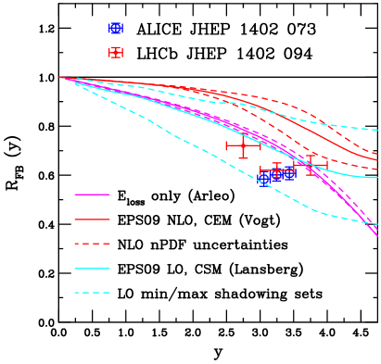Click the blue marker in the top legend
(x=116, y=29)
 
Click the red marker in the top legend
(x=116, y=52)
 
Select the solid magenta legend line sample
(x=92, y=195)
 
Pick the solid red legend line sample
(x=92, y=220)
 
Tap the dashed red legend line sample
(x=92, y=244)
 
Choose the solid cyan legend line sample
(x=92, y=269)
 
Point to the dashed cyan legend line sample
(x=92, y=293)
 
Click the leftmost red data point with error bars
(x=243, y=145)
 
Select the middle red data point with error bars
(x=276, y=170)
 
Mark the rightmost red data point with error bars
(x=311, y=165)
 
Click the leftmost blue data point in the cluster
(x=263, y=180)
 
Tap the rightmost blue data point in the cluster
(x=289, y=174)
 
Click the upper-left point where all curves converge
(x=60, y=78)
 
